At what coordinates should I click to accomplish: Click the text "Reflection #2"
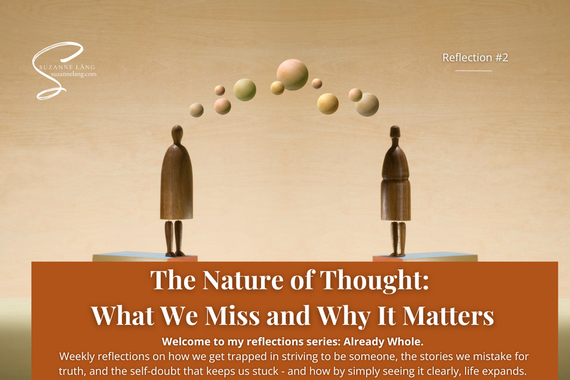tap(475, 58)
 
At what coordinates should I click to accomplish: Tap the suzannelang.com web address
tap(74, 74)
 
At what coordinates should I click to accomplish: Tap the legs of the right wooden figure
tap(398, 239)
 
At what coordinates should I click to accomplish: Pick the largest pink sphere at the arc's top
tap(292, 74)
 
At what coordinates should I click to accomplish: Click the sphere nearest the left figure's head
tap(196, 110)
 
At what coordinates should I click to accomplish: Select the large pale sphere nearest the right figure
tap(367, 105)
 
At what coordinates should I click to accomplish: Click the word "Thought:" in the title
tap(374, 280)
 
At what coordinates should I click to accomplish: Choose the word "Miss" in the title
tap(233, 315)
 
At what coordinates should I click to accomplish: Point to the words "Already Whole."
tap(383, 342)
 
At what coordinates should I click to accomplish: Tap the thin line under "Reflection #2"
tap(473, 71)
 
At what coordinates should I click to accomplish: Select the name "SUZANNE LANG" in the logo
tap(67, 67)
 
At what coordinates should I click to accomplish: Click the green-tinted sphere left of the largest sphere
tap(245, 90)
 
